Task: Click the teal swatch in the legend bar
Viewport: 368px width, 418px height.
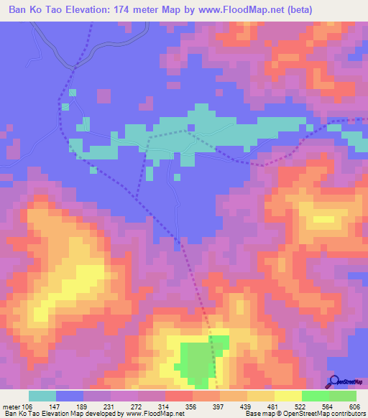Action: (42, 396)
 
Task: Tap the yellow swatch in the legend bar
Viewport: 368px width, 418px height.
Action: (287, 396)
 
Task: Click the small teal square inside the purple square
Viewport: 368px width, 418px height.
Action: (191, 129)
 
